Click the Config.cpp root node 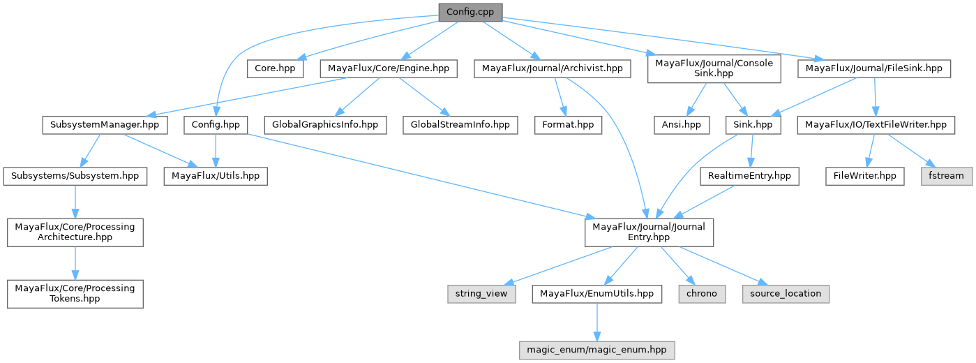470,12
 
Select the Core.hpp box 276,68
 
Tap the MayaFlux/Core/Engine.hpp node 389,68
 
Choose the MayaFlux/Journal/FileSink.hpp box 873,68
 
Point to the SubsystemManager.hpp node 105,125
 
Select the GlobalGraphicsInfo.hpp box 326,125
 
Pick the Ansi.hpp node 681,125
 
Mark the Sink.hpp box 753,125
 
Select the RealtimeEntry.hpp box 749,176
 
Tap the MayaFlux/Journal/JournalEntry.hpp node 649,232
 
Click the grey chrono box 701,294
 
